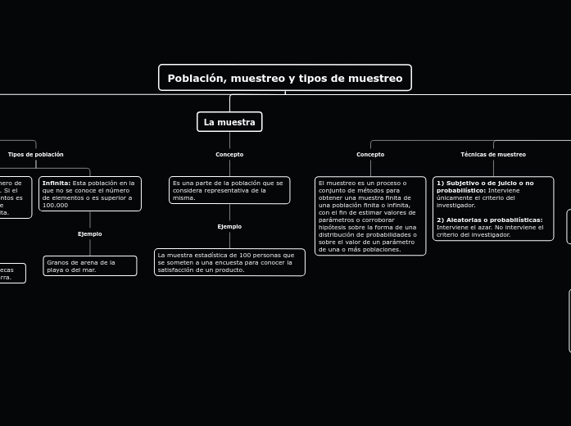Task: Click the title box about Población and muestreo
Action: [x=285, y=78]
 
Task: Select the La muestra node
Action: [x=229, y=122]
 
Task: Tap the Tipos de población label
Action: [x=36, y=154]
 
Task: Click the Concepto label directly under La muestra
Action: [x=229, y=154]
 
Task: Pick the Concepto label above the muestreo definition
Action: [x=370, y=154]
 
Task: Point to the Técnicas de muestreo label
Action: [x=493, y=154]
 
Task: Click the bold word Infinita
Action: [x=56, y=183]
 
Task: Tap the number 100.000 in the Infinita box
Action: [x=56, y=205]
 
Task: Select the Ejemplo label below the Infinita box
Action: [x=90, y=233]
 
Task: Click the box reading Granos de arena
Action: [x=90, y=265]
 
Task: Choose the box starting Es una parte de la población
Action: [x=229, y=190]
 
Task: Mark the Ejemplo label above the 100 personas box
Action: [x=229, y=226]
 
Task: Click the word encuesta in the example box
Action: [x=225, y=262]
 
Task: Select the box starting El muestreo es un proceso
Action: [x=370, y=215]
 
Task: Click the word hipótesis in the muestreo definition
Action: [x=333, y=227]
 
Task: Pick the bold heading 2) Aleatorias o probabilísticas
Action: [x=490, y=220]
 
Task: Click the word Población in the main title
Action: [x=196, y=78]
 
